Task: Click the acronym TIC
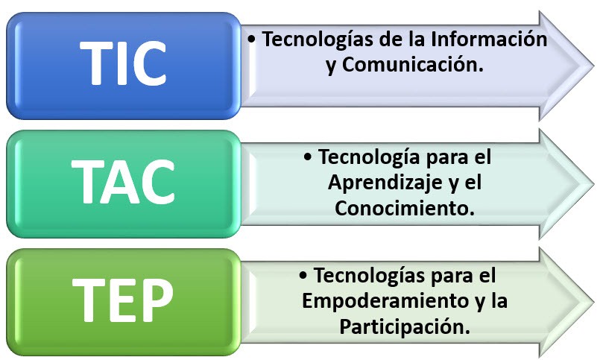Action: click(x=123, y=64)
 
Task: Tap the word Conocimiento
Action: click(x=405, y=209)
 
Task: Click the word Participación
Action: click(x=404, y=326)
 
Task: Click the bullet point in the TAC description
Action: click(x=309, y=158)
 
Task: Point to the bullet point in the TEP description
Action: click(x=304, y=276)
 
